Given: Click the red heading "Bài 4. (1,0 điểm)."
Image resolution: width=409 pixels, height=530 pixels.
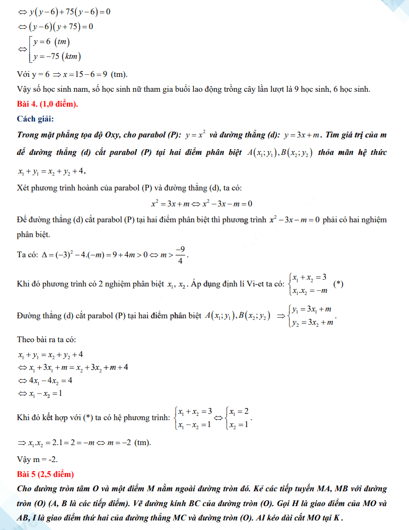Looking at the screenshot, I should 48,103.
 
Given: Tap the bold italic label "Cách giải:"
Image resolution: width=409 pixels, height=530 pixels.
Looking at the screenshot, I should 36,118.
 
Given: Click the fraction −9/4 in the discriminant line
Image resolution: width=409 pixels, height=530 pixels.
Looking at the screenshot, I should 180,255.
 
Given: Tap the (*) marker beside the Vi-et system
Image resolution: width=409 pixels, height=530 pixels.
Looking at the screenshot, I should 338,284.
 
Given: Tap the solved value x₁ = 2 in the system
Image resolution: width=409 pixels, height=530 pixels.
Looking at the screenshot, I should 238,411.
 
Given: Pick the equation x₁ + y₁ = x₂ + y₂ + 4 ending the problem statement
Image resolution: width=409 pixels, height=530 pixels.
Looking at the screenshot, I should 51,171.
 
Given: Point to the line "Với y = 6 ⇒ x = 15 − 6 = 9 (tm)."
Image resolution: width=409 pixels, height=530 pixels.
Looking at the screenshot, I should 72,74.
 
